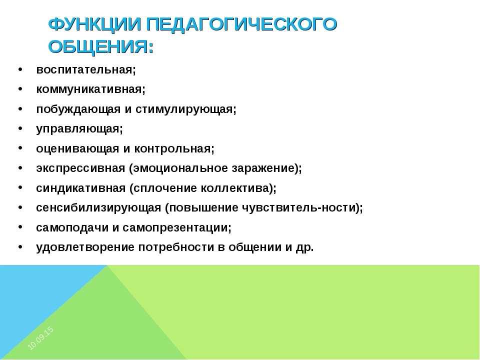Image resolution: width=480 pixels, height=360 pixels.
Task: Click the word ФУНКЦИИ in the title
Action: [95, 24]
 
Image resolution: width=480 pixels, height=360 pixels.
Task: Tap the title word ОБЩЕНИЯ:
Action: [101, 47]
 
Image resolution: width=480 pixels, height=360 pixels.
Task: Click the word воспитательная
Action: [85, 70]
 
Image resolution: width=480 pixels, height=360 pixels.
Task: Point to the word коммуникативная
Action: [90, 89]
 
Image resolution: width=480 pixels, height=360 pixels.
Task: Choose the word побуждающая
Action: [78, 109]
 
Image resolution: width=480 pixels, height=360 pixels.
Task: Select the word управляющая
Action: [79, 129]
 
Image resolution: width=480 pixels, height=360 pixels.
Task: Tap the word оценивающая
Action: [77, 149]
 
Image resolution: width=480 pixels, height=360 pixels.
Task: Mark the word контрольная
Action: [174, 149]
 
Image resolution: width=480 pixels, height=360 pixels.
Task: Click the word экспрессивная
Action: [80, 168]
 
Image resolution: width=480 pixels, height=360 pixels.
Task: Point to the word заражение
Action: [266, 168]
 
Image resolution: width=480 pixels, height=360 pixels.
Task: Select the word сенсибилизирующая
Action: [98, 208]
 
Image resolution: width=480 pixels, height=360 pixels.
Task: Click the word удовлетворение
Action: [85, 247]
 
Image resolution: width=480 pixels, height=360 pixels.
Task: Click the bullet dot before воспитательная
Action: [20, 69]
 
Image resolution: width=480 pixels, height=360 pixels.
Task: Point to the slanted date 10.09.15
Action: [40, 338]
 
